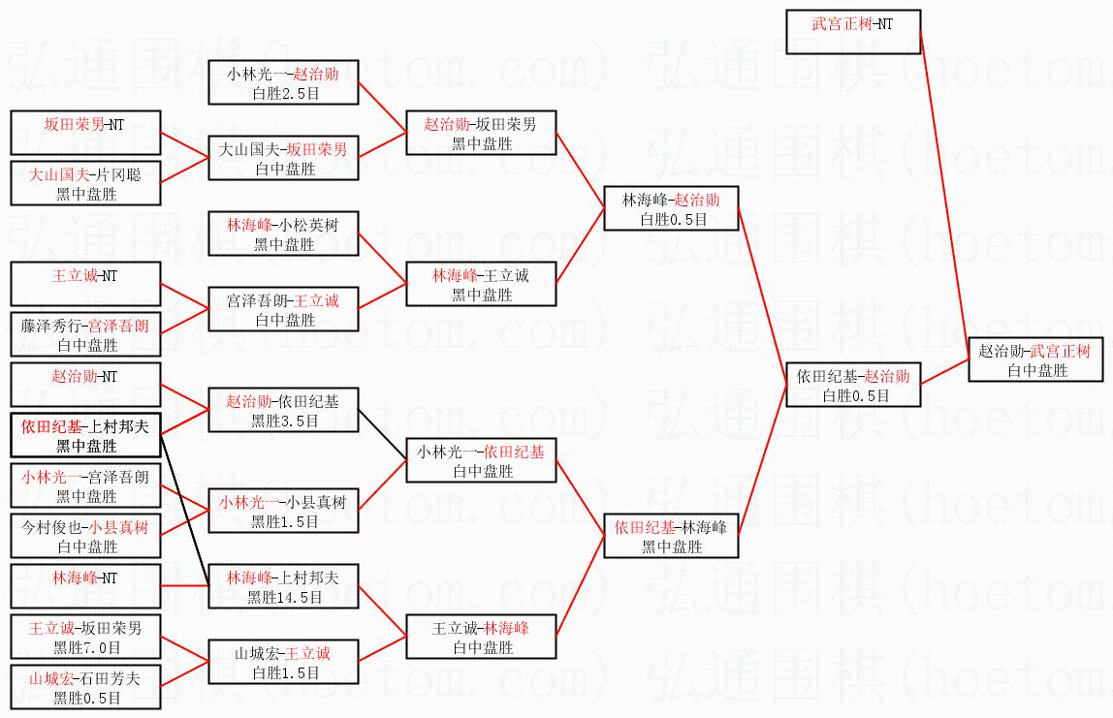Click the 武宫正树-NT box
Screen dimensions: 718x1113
pos(853,32)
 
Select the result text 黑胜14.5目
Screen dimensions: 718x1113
pos(284,597)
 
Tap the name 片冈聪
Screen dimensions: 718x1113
pos(121,175)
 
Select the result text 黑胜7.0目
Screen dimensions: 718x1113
pos(86,647)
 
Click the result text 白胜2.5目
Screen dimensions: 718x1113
pos(284,93)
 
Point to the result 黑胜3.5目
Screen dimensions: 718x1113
pos(284,421)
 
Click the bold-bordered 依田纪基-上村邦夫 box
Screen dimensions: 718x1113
pos(84,436)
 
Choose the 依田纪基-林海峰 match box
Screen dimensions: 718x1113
pos(670,536)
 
